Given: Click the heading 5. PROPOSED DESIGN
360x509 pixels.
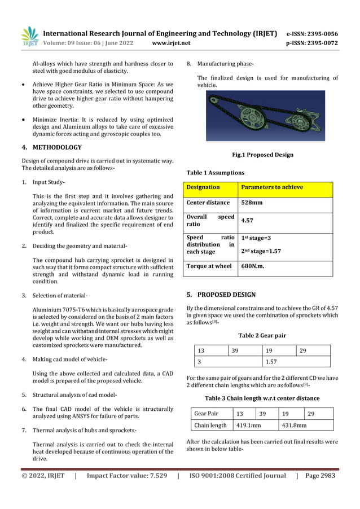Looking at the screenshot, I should tap(221, 295).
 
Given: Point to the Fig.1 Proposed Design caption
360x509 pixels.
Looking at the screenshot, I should tap(262, 155).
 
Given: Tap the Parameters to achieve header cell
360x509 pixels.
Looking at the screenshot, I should tap(271, 187).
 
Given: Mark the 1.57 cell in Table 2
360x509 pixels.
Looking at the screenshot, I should tap(273, 361).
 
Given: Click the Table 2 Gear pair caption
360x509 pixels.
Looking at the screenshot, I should tap(262, 335).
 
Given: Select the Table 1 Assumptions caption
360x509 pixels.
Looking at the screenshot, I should tap(215, 173).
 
